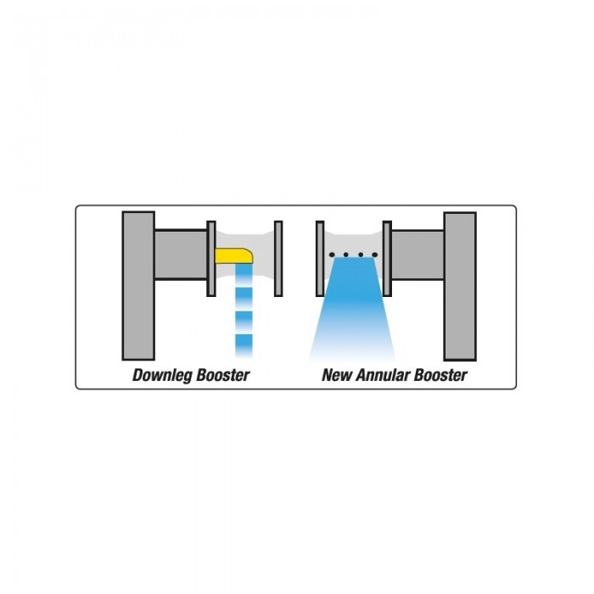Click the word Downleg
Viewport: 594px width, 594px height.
tap(163, 375)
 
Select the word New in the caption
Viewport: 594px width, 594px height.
tap(337, 375)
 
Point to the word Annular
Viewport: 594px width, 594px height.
tap(383, 375)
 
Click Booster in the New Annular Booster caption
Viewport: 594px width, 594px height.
tap(440, 375)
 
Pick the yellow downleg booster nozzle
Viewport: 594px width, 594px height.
tap(233, 255)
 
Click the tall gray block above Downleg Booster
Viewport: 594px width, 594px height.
tap(138, 286)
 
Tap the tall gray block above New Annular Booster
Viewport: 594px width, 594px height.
tap(460, 287)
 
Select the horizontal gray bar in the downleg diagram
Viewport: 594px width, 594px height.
tap(181, 255)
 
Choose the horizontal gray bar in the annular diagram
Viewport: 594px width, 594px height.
tap(417, 255)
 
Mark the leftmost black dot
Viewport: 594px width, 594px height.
tap(333, 255)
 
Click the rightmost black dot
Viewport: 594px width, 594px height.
tap(375, 255)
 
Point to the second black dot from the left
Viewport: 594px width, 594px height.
tap(346, 255)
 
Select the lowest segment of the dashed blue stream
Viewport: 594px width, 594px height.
tap(244, 346)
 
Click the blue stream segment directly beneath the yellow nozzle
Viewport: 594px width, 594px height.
tap(244, 274)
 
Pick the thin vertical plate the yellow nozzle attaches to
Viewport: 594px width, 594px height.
tap(211, 258)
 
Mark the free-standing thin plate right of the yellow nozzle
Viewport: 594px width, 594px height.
tap(278, 258)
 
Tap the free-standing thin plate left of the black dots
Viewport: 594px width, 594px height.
tap(320, 258)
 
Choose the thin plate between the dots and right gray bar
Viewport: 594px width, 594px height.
tap(387, 258)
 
